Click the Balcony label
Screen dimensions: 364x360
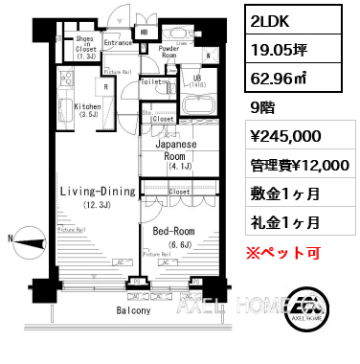[x=134, y=311]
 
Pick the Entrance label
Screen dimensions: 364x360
[x=118, y=43]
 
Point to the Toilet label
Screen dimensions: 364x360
[x=150, y=82]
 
